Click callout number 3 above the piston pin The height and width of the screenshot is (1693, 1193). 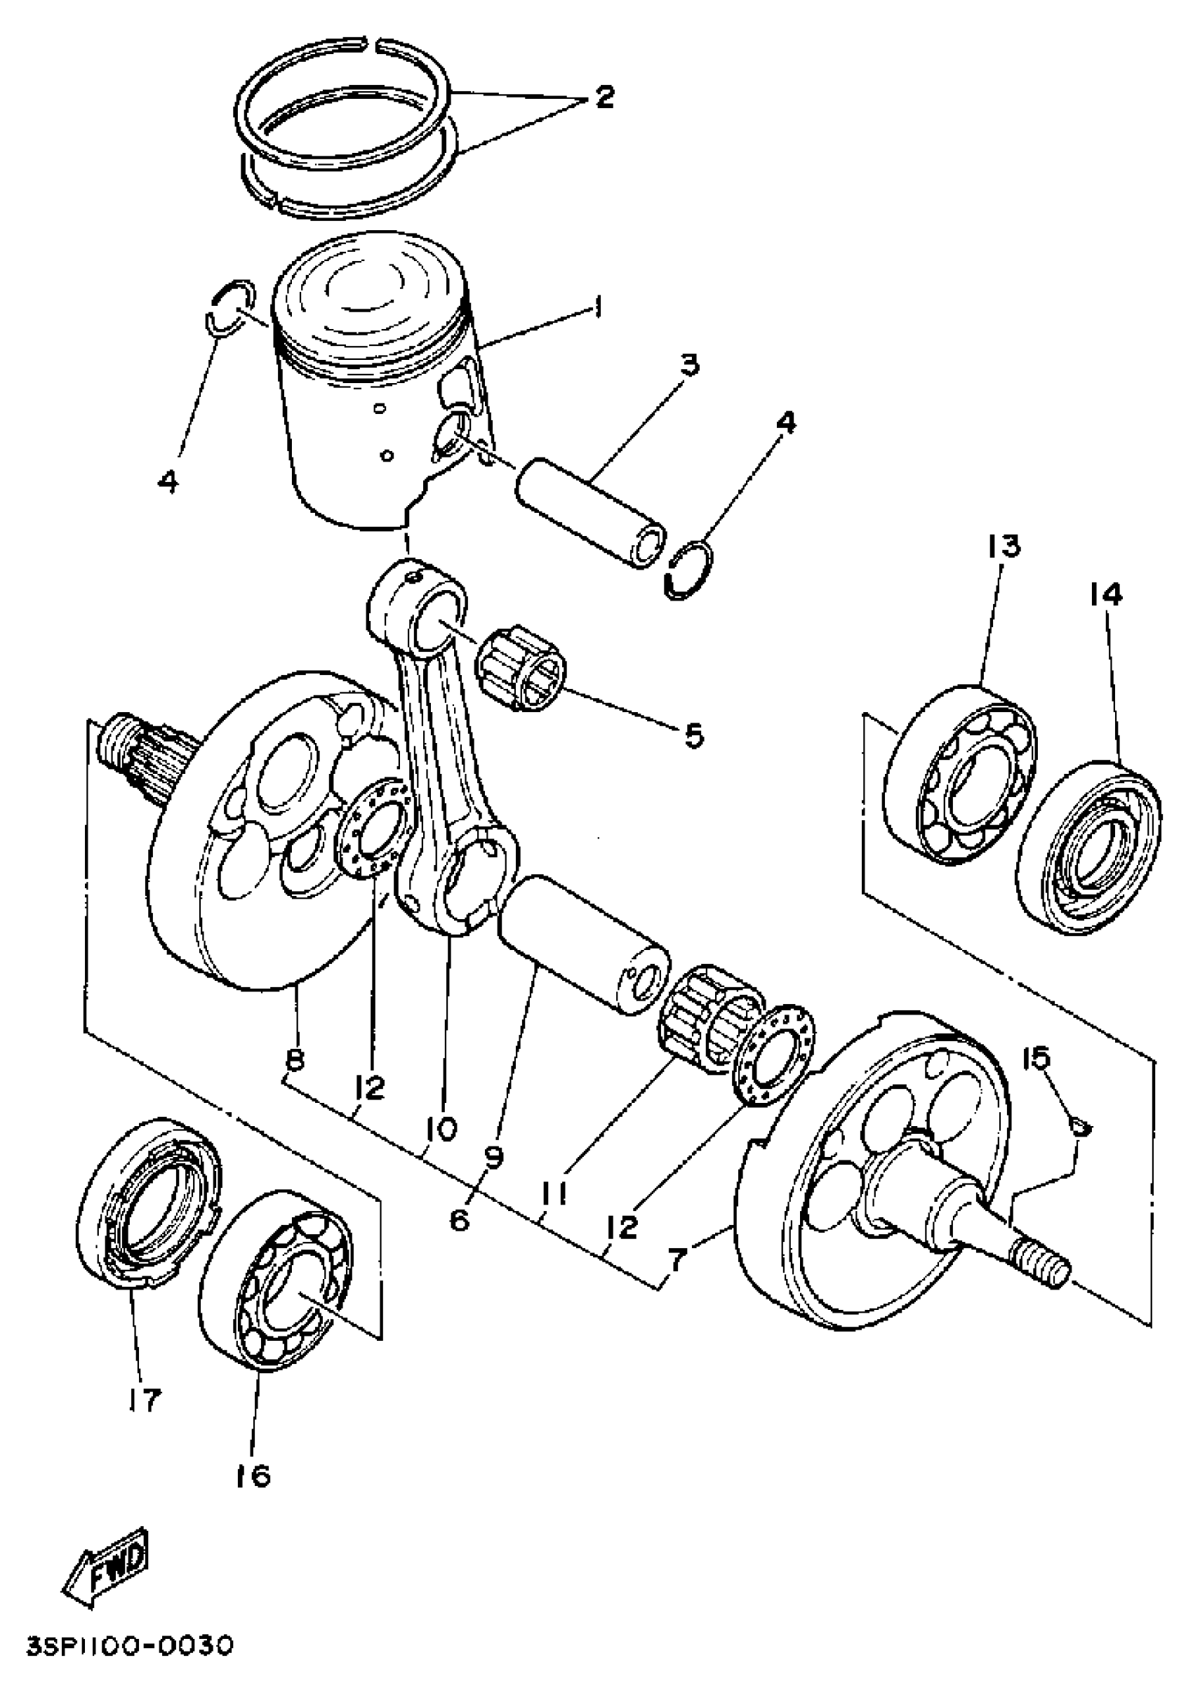pyautogui.click(x=689, y=364)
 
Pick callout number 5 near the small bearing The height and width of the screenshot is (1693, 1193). pyautogui.click(x=693, y=735)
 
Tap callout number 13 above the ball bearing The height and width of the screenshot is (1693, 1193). pyautogui.click(x=1004, y=547)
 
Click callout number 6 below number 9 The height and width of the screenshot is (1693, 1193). pyautogui.click(x=459, y=1219)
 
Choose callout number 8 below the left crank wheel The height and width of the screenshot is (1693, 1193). pyautogui.click(x=294, y=1060)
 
